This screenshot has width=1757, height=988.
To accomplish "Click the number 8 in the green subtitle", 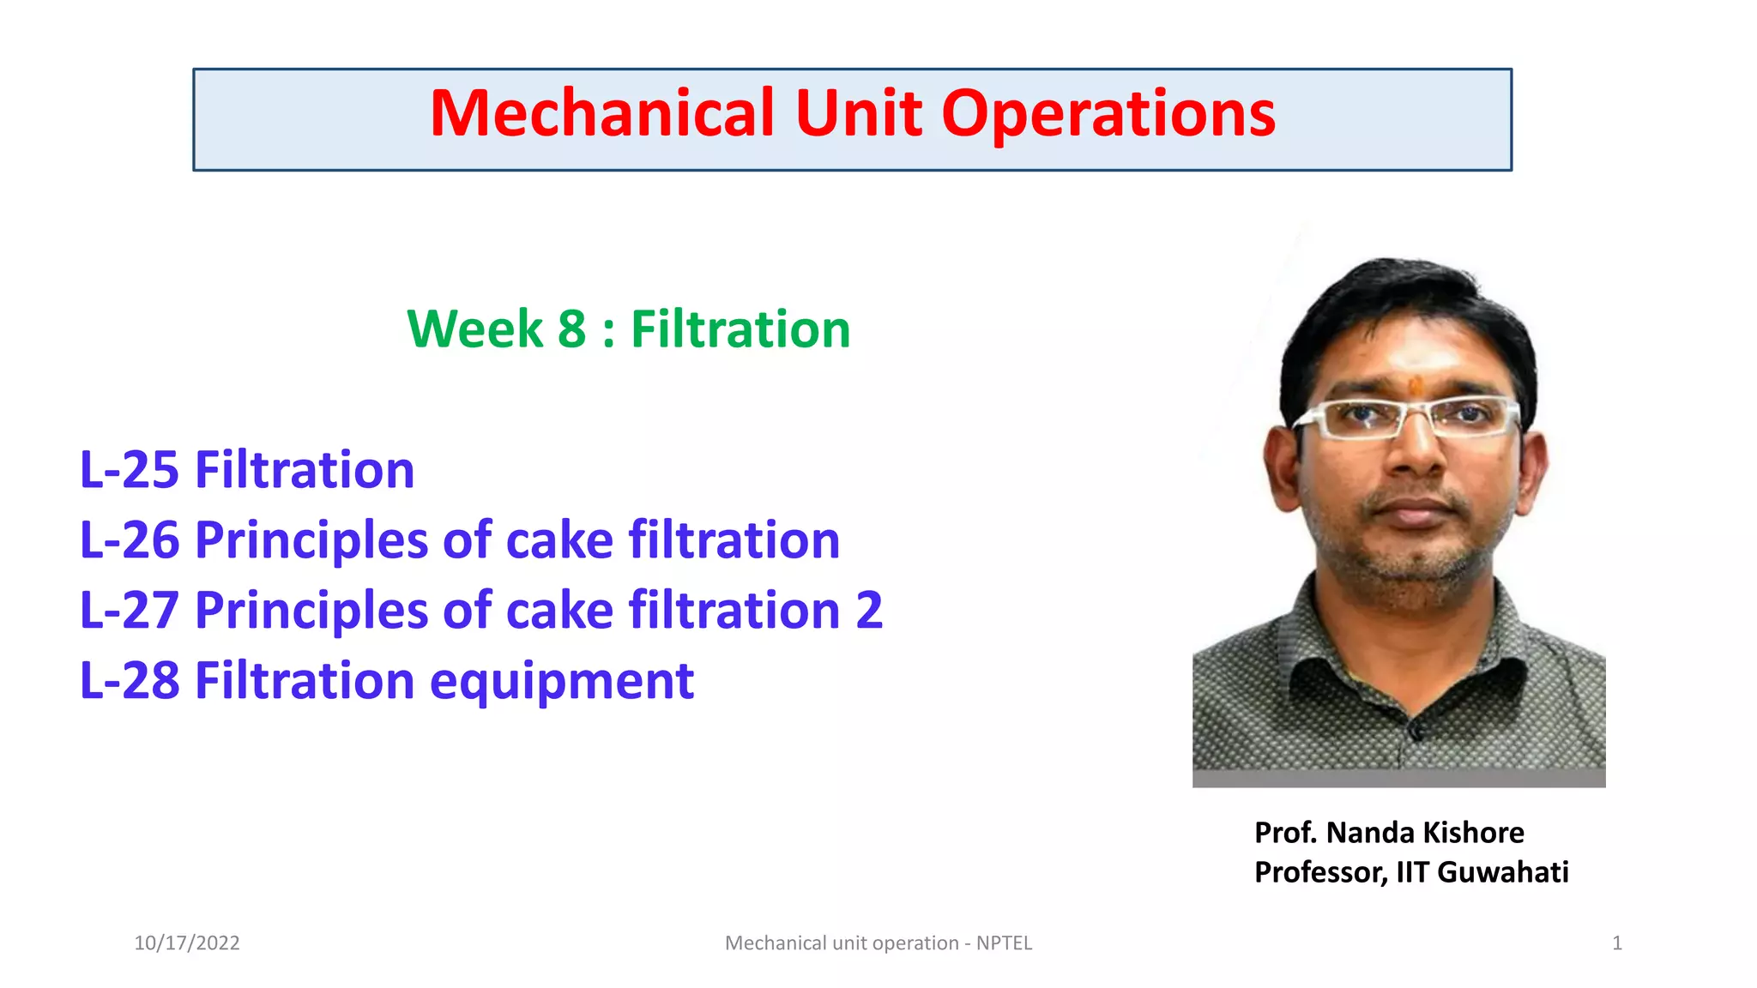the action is (571, 329).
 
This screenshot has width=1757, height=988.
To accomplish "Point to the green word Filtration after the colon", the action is (740, 329).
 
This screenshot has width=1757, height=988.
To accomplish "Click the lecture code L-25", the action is (129, 471).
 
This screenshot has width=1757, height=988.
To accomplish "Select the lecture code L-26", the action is (129, 541).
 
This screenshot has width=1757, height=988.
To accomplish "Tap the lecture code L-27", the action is (129, 611).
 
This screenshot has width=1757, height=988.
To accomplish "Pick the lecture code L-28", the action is (129, 682).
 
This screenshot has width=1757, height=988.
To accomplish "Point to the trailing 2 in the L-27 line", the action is (869, 611).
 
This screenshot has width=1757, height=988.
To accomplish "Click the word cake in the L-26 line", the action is (559, 541).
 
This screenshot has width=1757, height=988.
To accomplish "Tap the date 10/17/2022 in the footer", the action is (187, 943).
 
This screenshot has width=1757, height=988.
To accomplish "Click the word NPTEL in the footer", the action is (1004, 943).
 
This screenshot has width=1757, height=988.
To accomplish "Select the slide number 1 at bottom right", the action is (1617, 943).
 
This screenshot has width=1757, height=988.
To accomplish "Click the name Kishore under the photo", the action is (1473, 833).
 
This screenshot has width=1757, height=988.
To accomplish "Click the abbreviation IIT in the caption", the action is (1413, 872).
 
